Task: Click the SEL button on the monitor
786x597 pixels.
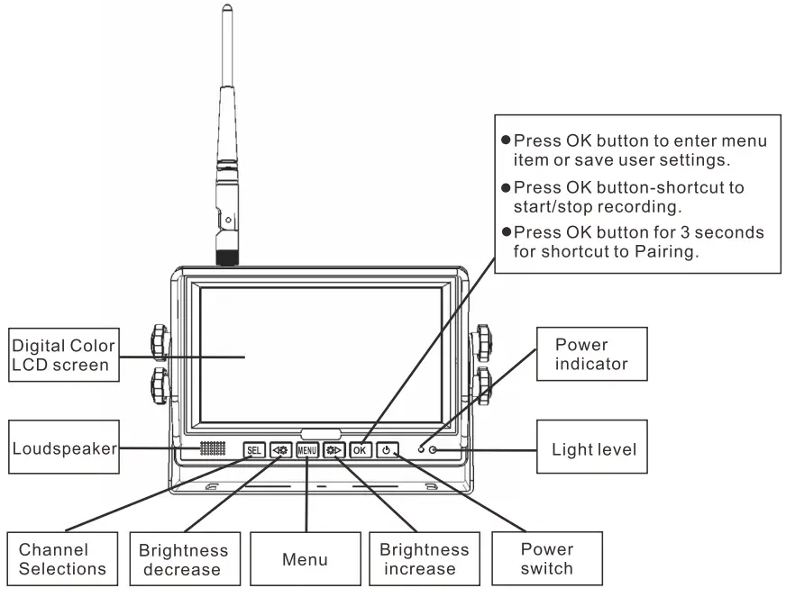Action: click(x=254, y=449)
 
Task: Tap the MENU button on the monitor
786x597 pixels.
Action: click(x=307, y=449)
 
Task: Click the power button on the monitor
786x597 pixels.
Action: click(x=387, y=449)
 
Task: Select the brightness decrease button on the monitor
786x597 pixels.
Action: click(x=280, y=449)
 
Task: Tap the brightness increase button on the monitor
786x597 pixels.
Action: click(x=334, y=449)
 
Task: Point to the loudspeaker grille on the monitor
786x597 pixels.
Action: click(x=212, y=448)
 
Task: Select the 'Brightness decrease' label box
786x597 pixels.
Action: click(x=183, y=559)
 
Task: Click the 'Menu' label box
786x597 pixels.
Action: click(x=305, y=559)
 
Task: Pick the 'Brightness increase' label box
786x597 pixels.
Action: click(x=424, y=559)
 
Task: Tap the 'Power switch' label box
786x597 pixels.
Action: click(x=546, y=558)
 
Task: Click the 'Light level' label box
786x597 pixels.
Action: click(x=593, y=448)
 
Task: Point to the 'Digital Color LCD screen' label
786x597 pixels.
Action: click(x=63, y=355)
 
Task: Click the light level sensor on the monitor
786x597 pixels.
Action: click(x=434, y=449)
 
